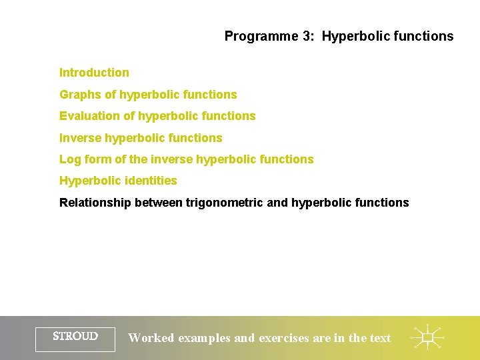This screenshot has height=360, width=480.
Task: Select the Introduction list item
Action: coord(94,73)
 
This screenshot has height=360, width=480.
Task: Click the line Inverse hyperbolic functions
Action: coord(141,138)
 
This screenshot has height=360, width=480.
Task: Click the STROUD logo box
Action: coord(75,337)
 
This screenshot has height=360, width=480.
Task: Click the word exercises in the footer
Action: coord(284,338)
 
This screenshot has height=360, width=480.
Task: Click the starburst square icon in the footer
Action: coord(428,337)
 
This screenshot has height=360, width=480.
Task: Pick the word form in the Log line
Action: coord(95,159)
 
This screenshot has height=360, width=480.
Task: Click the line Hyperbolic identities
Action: coord(118,181)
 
